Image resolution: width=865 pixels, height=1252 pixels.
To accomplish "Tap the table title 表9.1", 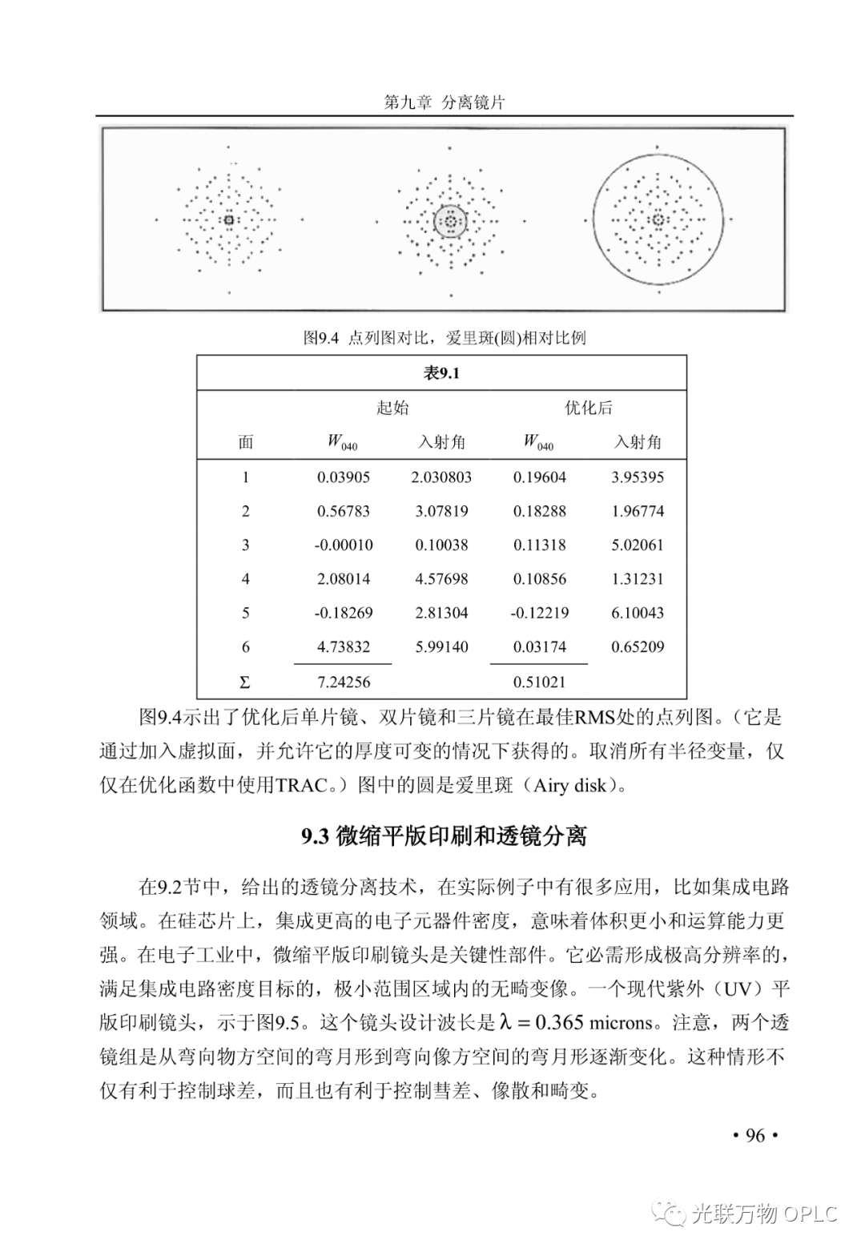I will [441, 373].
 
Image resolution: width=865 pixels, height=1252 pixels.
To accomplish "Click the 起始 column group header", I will [392, 408].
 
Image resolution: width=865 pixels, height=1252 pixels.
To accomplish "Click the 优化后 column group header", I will [589, 408].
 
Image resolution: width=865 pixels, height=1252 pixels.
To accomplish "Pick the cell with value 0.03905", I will [344, 477].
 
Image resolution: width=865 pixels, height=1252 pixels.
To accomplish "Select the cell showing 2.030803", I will [441, 477].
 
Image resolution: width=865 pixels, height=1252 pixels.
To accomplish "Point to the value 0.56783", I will [344, 511].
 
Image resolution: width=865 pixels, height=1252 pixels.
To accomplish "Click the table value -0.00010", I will [344, 545].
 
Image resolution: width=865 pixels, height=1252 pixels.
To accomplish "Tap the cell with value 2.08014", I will [344, 579].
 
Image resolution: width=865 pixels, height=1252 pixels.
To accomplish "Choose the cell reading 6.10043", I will [638, 613].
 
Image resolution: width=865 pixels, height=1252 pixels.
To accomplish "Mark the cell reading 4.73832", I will [344, 647].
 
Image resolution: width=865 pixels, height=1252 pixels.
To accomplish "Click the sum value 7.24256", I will [344, 682].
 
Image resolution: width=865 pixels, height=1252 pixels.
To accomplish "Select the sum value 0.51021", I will [540, 682].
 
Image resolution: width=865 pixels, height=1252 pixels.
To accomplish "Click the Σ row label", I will [245, 682].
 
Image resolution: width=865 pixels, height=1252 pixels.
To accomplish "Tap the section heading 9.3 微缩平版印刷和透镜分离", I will [444, 836].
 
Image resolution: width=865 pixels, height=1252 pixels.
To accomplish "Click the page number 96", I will [755, 1135].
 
